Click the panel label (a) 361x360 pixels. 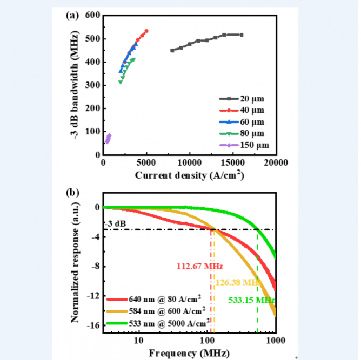tap(72, 16)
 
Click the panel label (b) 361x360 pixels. tap(72, 193)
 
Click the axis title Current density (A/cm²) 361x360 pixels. tap(189, 175)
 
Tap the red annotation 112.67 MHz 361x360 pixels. tap(199, 266)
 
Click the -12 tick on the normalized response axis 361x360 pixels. tap(92, 296)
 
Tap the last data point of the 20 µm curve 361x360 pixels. tap(242, 35)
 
